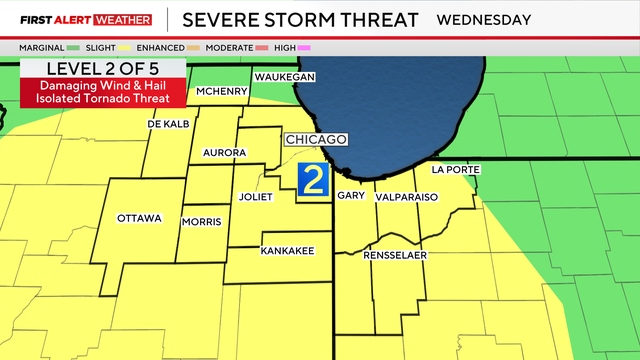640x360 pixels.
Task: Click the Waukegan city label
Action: coord(285,78)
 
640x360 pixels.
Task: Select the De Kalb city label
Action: coord(168,124)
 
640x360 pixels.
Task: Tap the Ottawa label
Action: coord(139,218)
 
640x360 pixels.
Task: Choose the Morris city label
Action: coord(201,221)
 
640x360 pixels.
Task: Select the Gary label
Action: coord(349,197)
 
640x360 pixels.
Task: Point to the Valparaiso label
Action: coord(407,198)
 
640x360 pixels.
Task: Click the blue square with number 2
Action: coord(313,180)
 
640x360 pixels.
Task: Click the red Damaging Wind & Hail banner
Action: coord(102,92)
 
